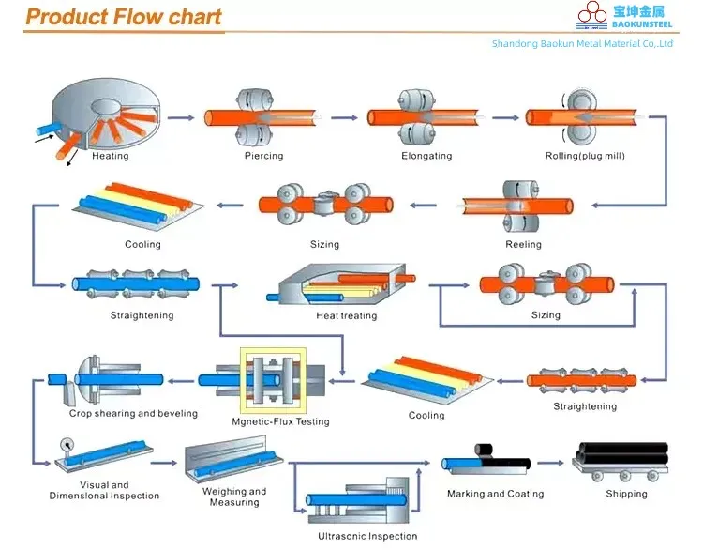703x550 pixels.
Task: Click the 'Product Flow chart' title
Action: click(x=124, y=17)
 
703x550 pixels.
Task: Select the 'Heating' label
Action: click(x=111, y=157)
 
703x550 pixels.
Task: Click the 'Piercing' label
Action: click(x=263, y=156)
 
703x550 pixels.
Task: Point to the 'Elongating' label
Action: click(x=426, y=156)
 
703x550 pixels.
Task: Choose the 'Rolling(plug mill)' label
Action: click(x=585, y=156)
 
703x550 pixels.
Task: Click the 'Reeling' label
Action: click(x=523, y=245)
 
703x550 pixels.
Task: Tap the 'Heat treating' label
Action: click(x=347, y=316)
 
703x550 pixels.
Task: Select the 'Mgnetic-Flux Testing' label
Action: click(x=281, y=422)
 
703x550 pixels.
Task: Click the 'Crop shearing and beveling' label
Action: click(x=133, y=414)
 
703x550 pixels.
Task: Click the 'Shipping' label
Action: click(x=626, y=494)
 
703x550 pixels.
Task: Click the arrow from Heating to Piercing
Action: click(x=185, y=117)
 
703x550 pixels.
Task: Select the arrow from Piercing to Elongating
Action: click(x=344, y=117)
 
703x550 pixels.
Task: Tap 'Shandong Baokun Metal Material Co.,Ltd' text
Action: click(x=582, y=44)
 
